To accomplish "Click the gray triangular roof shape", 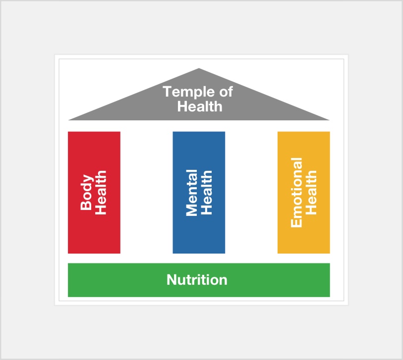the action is [199, 103].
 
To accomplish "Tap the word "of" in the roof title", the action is [226, 92].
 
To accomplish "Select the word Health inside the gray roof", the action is [200, 106].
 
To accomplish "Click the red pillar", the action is [94, 192].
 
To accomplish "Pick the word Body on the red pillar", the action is [87, 192].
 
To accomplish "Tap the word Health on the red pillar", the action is [101, 192].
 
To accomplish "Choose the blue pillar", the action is [199, 192].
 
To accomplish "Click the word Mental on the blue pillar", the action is [192, 193].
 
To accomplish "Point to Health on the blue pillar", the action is [206, 192].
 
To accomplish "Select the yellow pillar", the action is [304, 192].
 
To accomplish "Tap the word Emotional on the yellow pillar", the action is [296, 192].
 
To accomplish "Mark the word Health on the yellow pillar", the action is [311, 192].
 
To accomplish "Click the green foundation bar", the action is [199, 280].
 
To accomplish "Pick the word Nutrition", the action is [197, 280].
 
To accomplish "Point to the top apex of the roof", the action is [199, 68].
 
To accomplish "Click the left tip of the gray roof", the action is [68, 120].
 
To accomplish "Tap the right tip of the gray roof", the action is [329, 120].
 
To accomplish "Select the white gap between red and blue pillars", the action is [147, 192].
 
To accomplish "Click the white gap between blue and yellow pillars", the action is [251, 192].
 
